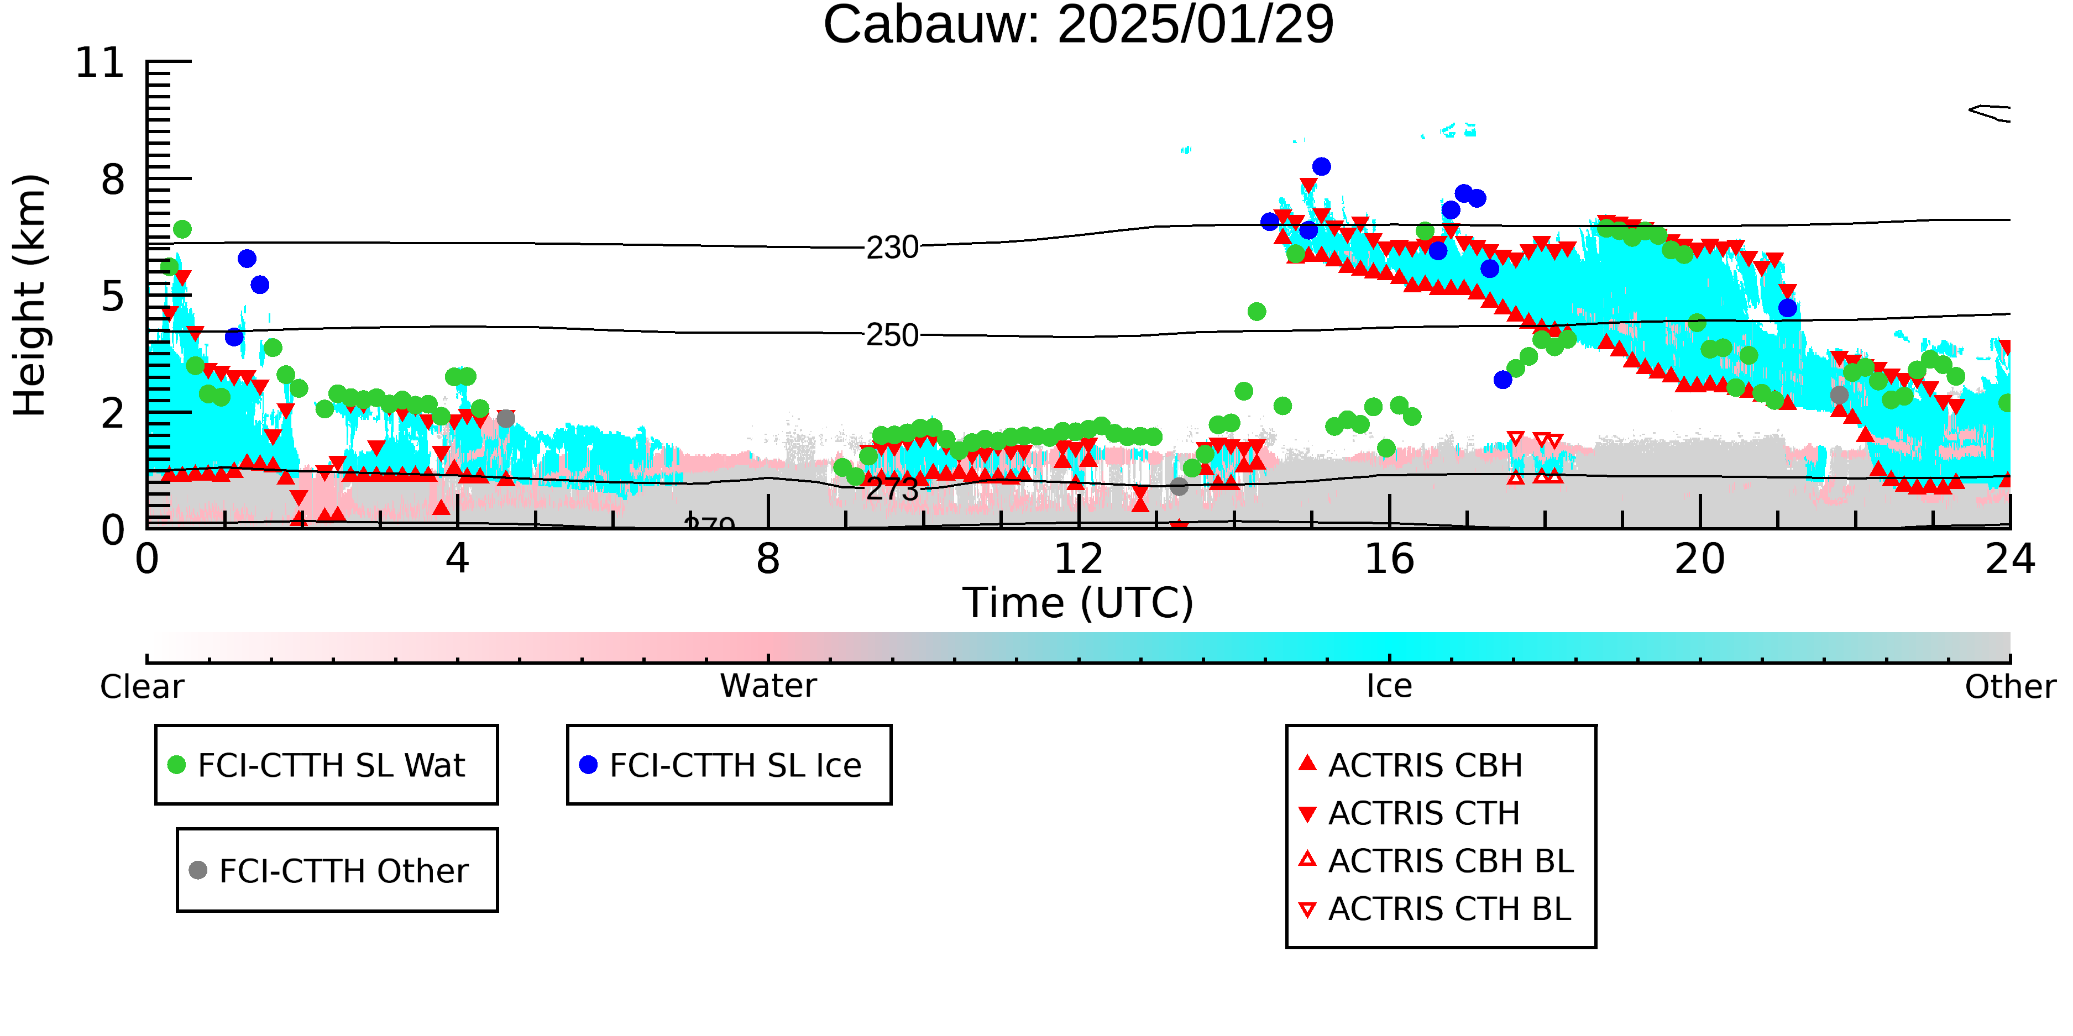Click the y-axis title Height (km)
tap(30, 295)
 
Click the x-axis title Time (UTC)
tap(1079, 602)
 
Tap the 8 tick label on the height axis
tap(113, 180)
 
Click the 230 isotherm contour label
tap(892, 248)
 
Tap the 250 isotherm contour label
tap(892, 335)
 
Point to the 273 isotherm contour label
tap(892, 489)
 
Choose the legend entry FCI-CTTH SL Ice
tap(720, 765)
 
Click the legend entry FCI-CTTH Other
tap(328, 870)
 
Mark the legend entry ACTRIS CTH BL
tap(1435, 909)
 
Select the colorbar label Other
tap(2010, 687)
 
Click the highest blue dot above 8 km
tap(1321, 166)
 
